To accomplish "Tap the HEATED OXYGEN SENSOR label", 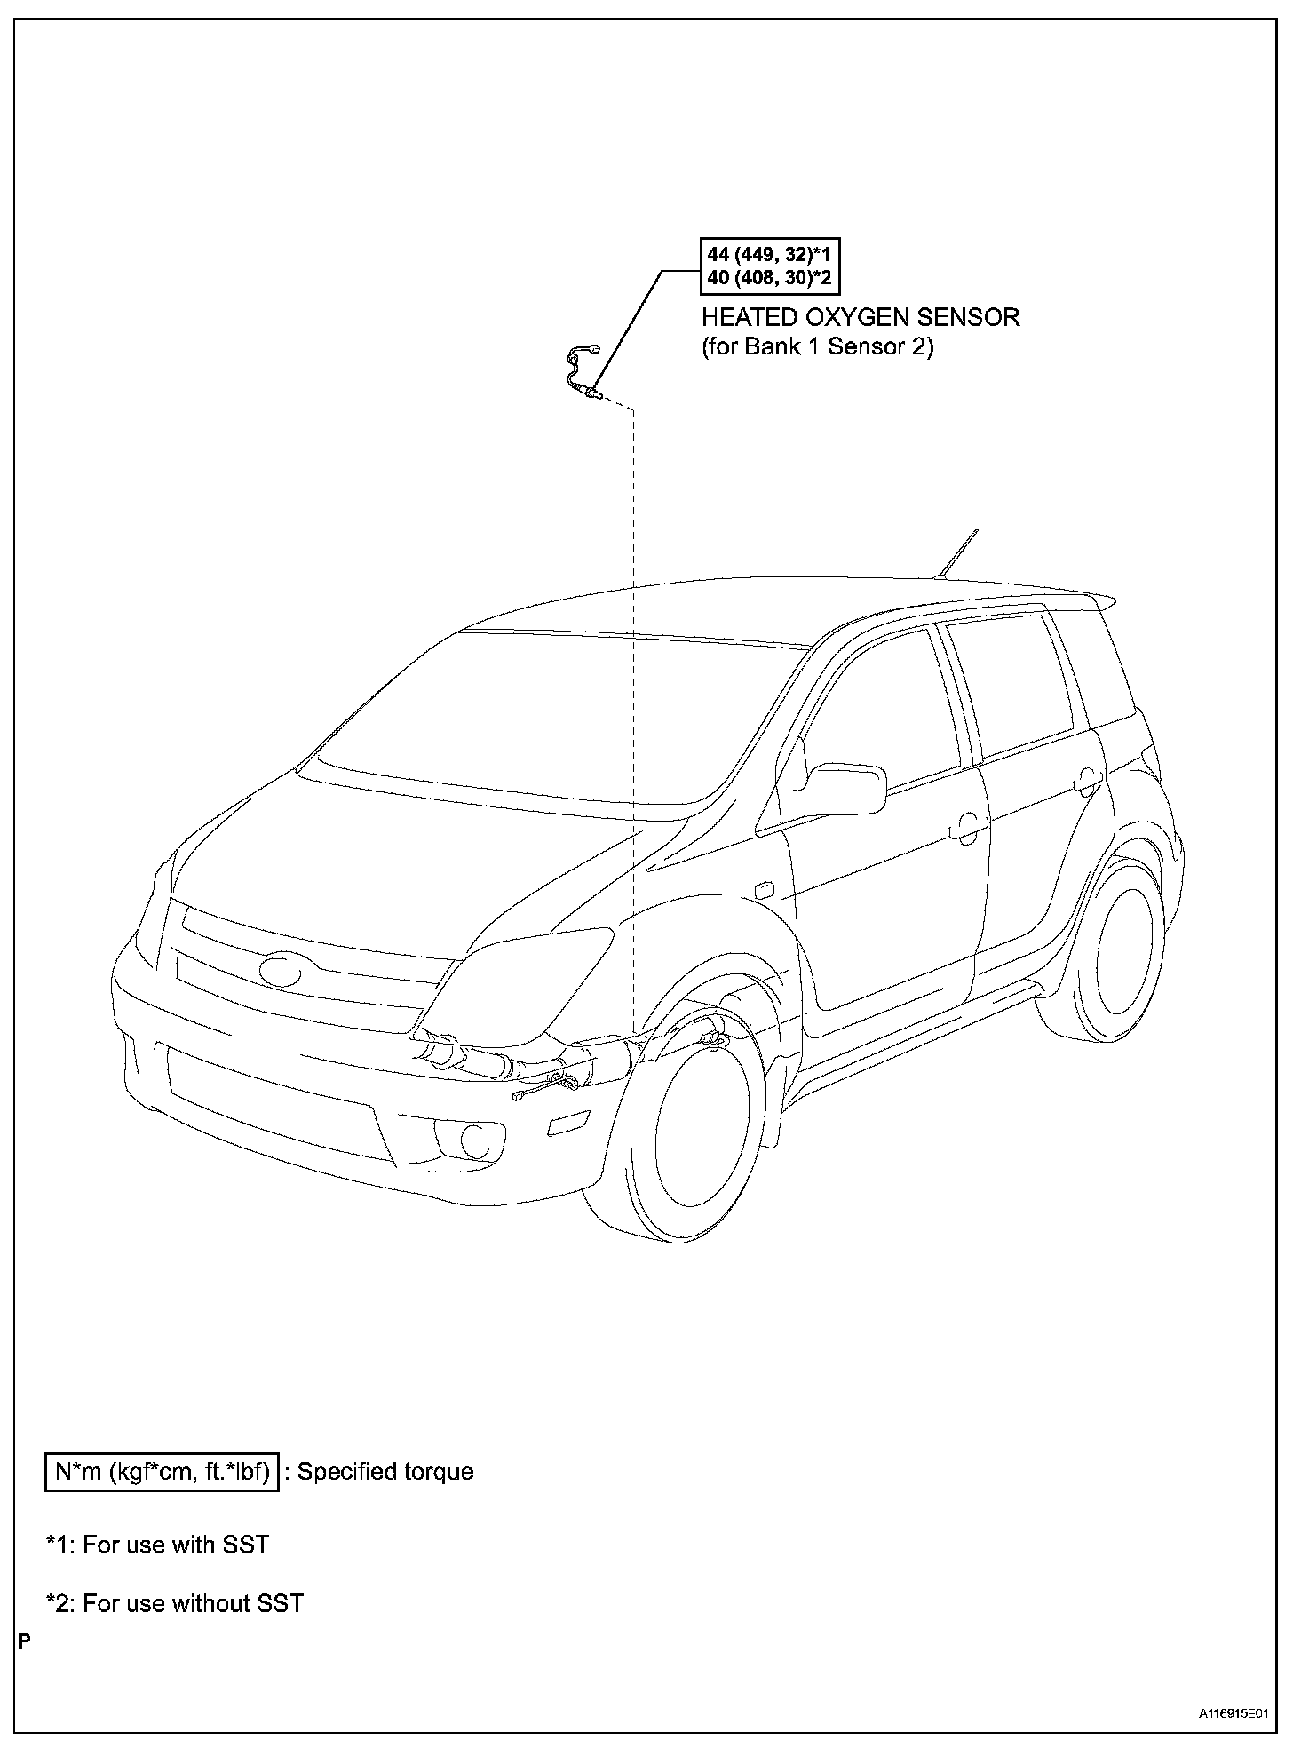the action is (x=860, y=317).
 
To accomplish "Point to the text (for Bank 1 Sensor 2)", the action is (x=817, y=346).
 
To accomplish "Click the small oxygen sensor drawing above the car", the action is (x=583, y=373).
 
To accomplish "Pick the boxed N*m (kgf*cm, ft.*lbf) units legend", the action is (x=163, y=1472).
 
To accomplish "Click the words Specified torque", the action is (x=385, y=1472).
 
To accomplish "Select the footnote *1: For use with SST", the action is (x=157, y=1545).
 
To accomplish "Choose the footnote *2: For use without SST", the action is (x=175, y=1603).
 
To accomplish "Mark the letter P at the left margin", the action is (x=24, y=1641).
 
